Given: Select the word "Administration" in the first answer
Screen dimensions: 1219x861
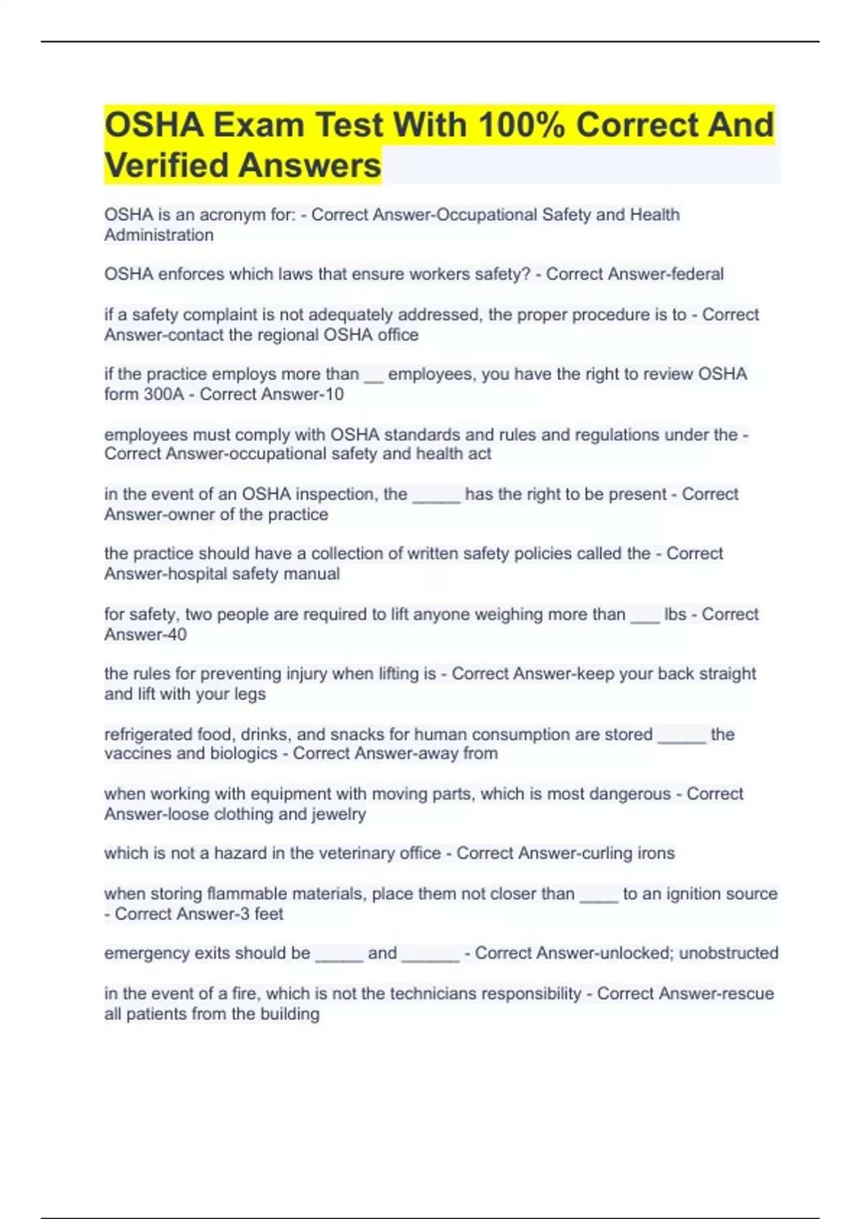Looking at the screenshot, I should coord(159,235).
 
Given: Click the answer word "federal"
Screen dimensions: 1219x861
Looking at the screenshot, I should coord(697,274).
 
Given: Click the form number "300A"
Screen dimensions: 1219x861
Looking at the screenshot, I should coord(164,394).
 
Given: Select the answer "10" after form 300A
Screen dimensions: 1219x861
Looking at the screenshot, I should coord(334,394).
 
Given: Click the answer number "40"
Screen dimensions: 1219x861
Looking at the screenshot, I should coord(177,635).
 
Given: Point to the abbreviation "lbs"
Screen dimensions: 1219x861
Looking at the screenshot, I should coord(674,615).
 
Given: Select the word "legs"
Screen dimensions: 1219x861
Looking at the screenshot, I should coord(250,694).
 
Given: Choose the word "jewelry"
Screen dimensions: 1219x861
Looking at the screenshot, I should coord(339,815).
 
